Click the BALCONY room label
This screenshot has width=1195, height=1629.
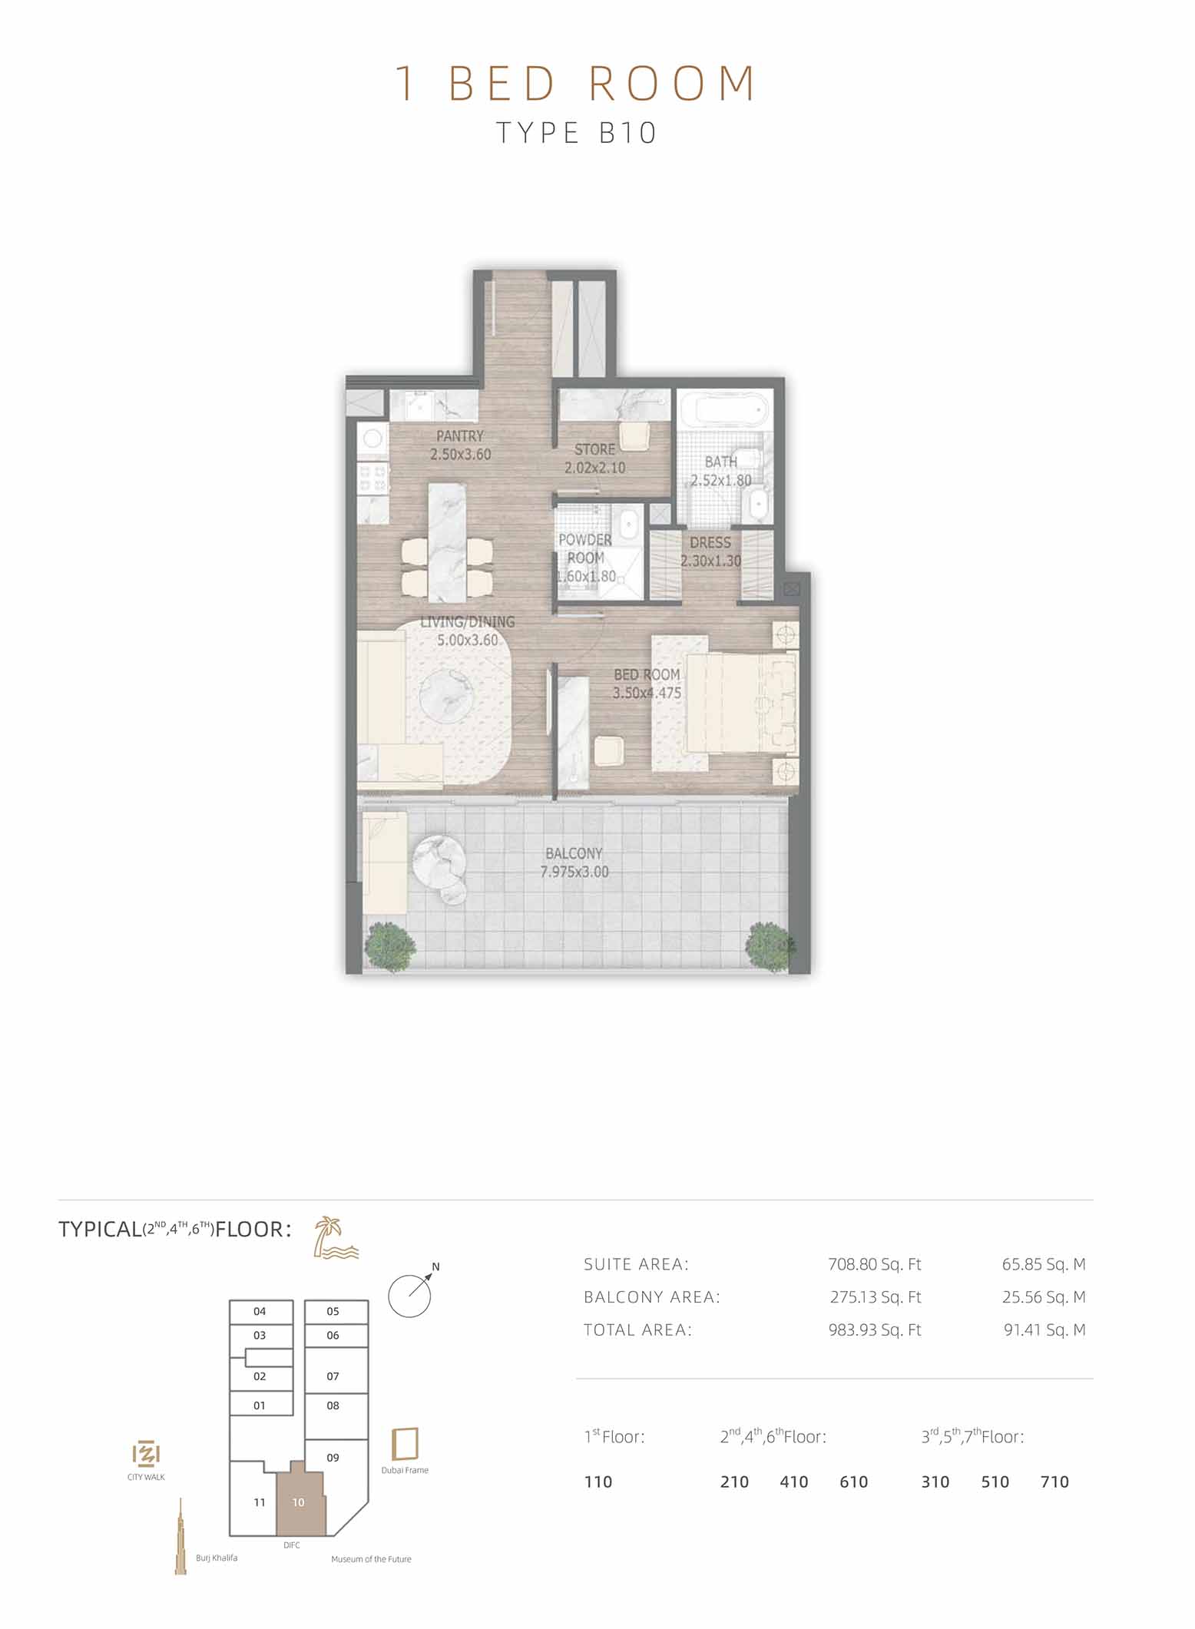[574, 853]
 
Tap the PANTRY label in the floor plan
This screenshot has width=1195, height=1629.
[460, 435]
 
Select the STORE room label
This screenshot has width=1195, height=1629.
[594, 449]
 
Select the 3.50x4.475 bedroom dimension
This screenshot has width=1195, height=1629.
[647, 693]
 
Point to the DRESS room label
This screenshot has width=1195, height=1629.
[710, 543]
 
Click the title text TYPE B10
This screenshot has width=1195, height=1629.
[576, 133]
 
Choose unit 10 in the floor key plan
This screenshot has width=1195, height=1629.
[299, 1502]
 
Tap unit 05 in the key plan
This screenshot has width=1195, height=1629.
[333, 1311]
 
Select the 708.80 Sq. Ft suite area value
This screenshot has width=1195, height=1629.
[875, 1264]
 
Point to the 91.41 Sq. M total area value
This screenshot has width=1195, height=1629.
[1044, 1330]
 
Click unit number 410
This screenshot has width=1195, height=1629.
[794, 1482]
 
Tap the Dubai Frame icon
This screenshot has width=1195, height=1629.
[405, 1444]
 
